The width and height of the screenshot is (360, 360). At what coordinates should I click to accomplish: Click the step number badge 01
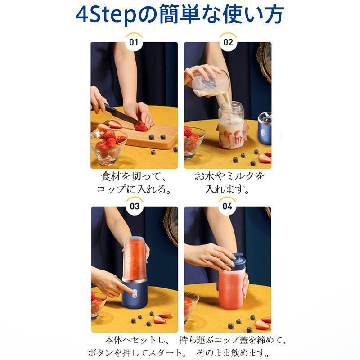(x=134, y=42)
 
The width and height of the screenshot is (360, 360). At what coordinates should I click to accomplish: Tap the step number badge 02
(x=228, y=42)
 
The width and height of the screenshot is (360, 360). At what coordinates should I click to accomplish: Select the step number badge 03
(x=135, y=207)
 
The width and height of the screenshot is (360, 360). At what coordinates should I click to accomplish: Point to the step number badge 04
(x=227, y=207)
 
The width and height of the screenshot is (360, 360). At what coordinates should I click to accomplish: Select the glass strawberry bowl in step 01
(x=109, y=147)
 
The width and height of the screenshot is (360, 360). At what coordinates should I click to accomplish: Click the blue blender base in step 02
(x=265, y=129)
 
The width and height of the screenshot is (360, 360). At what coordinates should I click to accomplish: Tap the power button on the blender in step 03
(x=135, y=293)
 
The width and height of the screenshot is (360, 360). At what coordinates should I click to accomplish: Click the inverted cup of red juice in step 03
(x=135, y=258)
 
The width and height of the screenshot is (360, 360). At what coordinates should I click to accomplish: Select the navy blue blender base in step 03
(x=135, y=295)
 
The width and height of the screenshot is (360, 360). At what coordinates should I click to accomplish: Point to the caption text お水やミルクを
(x=229, y=176)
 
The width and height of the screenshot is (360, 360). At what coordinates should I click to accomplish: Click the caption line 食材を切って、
(x=133, y=176)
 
